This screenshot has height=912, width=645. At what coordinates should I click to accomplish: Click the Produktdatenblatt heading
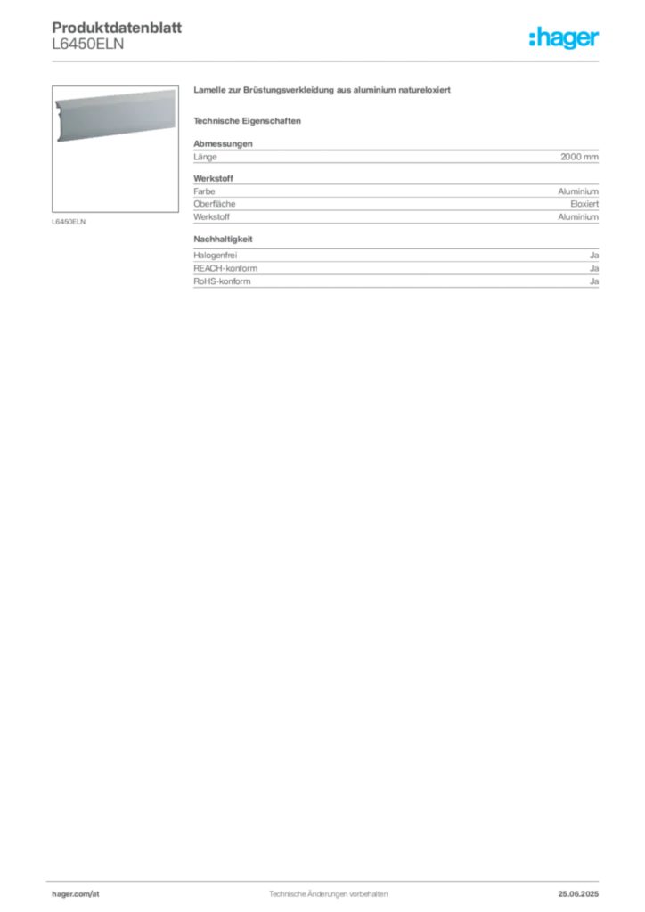[117, 28]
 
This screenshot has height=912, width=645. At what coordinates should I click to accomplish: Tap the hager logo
[564, 37]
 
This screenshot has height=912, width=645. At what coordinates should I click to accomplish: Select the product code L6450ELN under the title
[88, 45]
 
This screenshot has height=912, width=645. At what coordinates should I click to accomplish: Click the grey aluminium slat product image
[115, 115]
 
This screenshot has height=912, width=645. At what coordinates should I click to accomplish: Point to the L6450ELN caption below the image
[69, 222]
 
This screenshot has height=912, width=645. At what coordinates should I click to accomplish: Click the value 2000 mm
[579, 157]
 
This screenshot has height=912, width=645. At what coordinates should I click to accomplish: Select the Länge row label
[205, 157]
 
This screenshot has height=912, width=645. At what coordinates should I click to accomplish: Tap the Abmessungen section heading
[224, 143]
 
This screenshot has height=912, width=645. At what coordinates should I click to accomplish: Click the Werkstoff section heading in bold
[214, 178]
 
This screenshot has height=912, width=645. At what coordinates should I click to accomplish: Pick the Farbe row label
[204, 191]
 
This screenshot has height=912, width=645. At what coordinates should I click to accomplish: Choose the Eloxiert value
[584, 204]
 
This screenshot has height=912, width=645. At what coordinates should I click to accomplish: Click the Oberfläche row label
[215, 204]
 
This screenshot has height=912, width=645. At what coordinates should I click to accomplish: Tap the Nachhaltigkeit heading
[224, 239]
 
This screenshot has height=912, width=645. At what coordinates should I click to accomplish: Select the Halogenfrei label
[216, 256]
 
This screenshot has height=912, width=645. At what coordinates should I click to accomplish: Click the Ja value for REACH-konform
[594, 268]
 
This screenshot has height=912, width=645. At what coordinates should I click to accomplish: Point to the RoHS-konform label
[222, 281]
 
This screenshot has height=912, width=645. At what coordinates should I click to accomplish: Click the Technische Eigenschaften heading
[247, 121]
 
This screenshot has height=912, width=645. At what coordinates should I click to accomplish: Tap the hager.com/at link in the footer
[76, 894]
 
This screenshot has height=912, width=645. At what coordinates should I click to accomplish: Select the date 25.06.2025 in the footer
[578, 894]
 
